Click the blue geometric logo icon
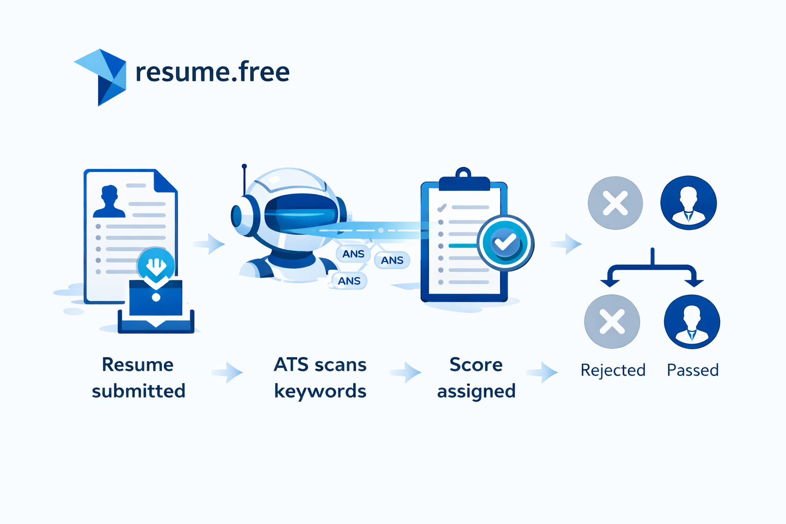pyautogui.click(x=102, y=77)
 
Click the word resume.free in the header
pyautogui.click(x=213, y=72)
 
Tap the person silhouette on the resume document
pyautogui.click(x=109, y=202)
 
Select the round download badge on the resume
pyautogui.click(x=156, y=266)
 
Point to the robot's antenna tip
pyautogui.click(x=244, y=166)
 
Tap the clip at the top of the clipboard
pyautogui.click(x=464, y=180)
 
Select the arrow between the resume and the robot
pyautogui.click(x=209, y=244)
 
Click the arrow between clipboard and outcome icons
pyautogui.click(x=566, y=244)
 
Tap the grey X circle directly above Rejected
pyautogui.click(x=612, y=321)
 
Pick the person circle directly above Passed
pyautogui.click(x=692, y=321)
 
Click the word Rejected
pyautogui.click(x=613, y=370)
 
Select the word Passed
pyautogui.click(x=693, y=370)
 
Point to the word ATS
pyautogui.click(x=291, y=364)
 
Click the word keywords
pyautogui.click(x=320, y=391)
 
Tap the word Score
pyautogui.click(x=476, y=364)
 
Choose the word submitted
pyautogui.click(x=139, y=390)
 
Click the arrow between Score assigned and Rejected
pyautogui.click(x=542, y=372)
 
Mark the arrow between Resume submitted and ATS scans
pyautogui.click(x=227, y=372)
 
